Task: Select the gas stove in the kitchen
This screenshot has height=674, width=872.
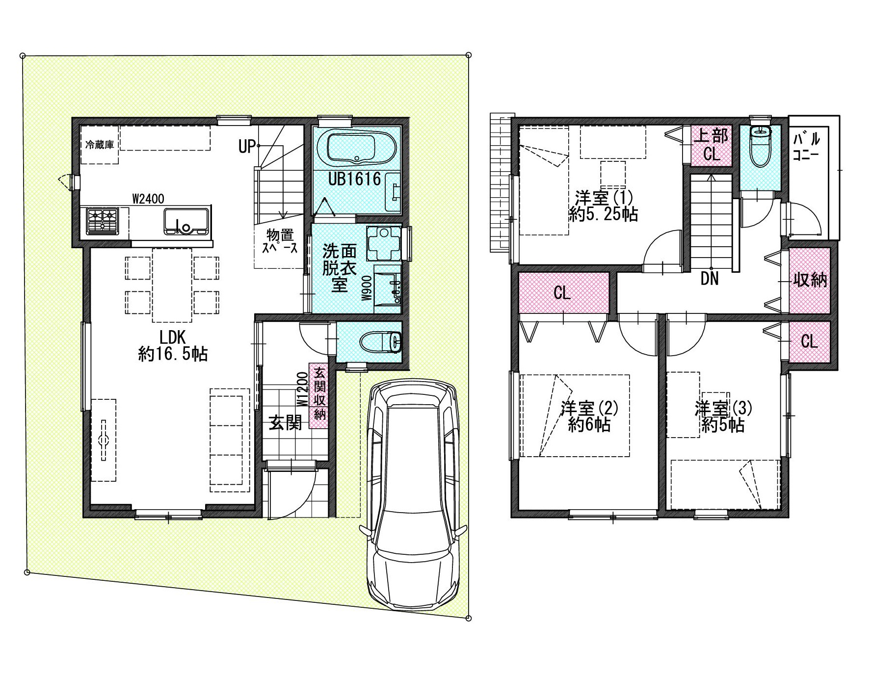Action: (x=103, y=220)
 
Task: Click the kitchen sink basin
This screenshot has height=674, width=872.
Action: (x=186, y=221)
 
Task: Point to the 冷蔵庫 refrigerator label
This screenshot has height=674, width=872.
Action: (x=100, y=145)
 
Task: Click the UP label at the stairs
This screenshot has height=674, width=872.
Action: (x=247, y=146)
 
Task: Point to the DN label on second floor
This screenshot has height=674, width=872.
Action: (x=709, y=279)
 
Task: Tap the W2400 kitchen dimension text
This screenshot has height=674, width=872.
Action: (x=148, y=199)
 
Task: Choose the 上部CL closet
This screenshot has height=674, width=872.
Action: (x=711, y=145)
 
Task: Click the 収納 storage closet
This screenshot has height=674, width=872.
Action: (x=810, y=281)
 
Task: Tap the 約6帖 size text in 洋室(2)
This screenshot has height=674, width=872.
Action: (x=589, y=424)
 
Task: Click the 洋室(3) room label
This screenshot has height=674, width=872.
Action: (x=723, y=408)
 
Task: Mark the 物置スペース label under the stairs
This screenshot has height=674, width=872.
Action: (x=280, y=241)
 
